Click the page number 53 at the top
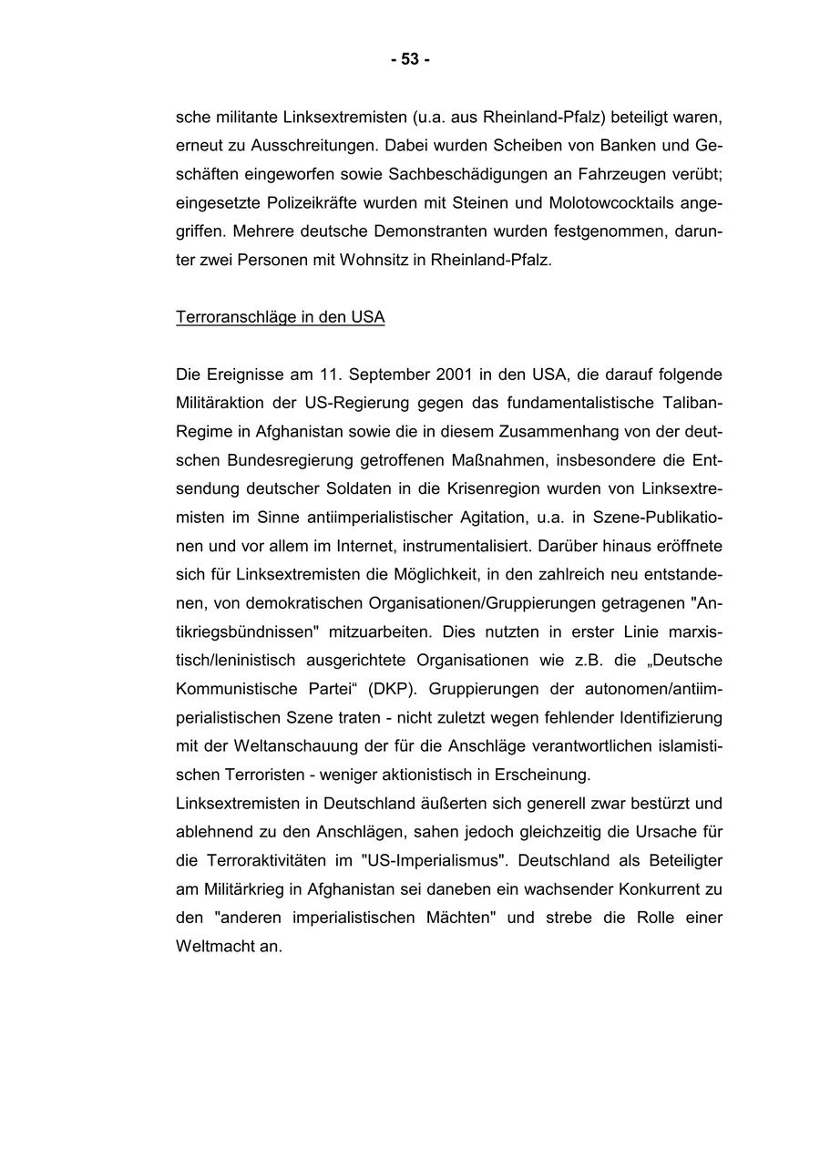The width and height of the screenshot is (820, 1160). tap(410, 59)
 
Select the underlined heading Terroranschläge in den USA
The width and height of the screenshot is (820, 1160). tap(280, 317)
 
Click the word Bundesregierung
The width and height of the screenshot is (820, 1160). tap(287, 460)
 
